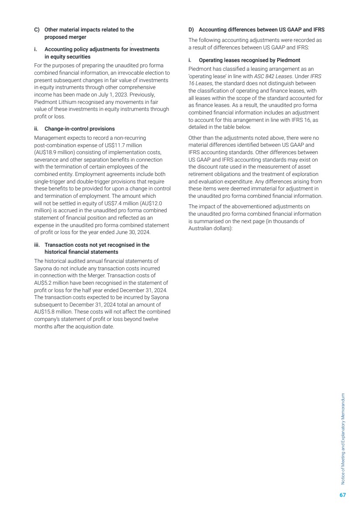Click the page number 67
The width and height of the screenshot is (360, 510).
coord(343,495)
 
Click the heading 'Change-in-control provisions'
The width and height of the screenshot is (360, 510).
coord(79,129)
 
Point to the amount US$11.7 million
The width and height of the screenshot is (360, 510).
coord(129,145)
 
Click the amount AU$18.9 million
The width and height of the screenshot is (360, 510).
coord(56,152)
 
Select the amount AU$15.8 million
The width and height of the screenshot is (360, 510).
coord(51,312)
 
